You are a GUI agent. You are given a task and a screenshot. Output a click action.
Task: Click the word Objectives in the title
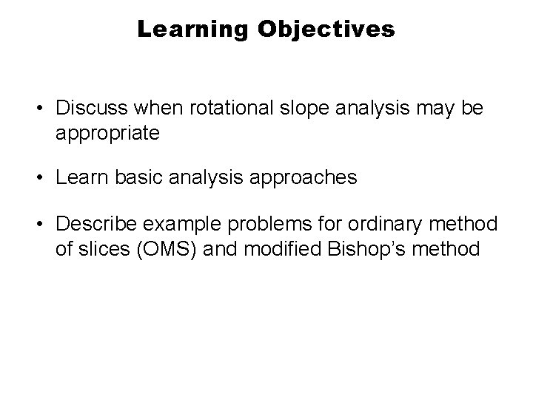pyautogui.click(x=326, y=30)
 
